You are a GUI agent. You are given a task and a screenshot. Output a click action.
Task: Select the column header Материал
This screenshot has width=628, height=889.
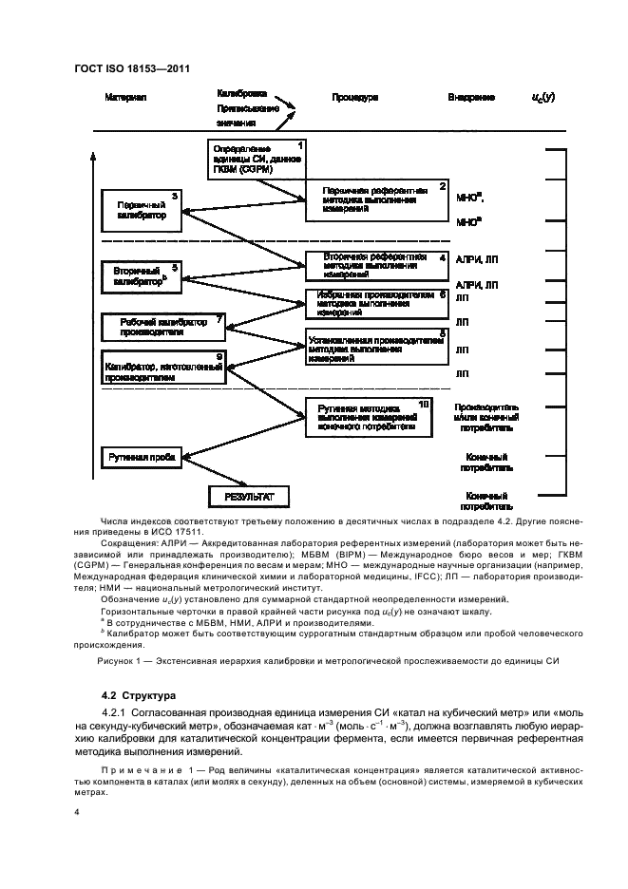pyautogui.click(x=125, y=98)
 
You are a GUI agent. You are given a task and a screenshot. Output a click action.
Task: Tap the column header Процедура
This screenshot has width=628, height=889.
pyautogui.click(x=356, y=98)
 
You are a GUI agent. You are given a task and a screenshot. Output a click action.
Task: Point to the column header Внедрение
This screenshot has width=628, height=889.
pyautogui.click(x=471, y=98)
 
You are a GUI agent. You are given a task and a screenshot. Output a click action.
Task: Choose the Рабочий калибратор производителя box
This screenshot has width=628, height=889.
pyautogui.click(x=163, y=327)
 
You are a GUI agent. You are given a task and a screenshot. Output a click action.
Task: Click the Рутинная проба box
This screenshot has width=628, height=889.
pyautogui.click(x=140, y=457)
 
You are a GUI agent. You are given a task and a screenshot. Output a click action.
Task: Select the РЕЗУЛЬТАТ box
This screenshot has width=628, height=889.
pyautogui.click(x=248, y=497)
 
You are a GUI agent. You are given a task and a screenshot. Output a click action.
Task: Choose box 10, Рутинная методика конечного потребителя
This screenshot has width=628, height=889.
pyautogui.click(x=368, y=417)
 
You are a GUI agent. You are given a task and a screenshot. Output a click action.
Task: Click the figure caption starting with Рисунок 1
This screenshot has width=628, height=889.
pyautogui.click(x=314, y=661)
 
